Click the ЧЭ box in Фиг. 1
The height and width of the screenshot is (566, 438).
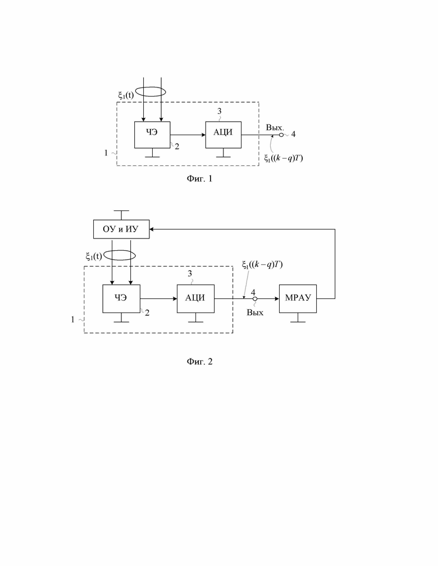coord(152,135)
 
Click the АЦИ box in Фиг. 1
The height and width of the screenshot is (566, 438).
coord(223,135)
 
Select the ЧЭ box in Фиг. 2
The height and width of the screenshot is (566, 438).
coord(121,298)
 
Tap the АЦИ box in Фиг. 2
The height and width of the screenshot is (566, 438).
coord(195,298)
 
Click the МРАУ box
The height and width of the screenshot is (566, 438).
coord(298,298)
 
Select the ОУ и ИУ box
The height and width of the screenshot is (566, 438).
coord(121,229)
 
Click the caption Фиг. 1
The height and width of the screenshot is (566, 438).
coord(199,179)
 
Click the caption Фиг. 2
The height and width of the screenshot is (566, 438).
coord(199,362)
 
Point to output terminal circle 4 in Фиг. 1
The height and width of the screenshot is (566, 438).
coord(281,135)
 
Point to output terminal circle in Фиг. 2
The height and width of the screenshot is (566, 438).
coord(255,299)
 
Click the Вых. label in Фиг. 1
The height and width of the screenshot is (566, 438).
coord(275,127)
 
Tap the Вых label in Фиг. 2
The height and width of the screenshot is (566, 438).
coord(255,312)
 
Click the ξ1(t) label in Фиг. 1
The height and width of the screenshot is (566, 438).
coord(126,95)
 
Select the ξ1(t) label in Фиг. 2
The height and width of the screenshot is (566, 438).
coord(94,256)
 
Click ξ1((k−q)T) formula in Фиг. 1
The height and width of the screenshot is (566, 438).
coord(284,158)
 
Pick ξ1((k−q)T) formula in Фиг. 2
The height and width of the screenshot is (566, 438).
coord(262,265)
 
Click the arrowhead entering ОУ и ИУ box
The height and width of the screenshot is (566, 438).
coord(152,229)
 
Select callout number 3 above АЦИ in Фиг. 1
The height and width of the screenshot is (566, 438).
coord(220,112)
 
